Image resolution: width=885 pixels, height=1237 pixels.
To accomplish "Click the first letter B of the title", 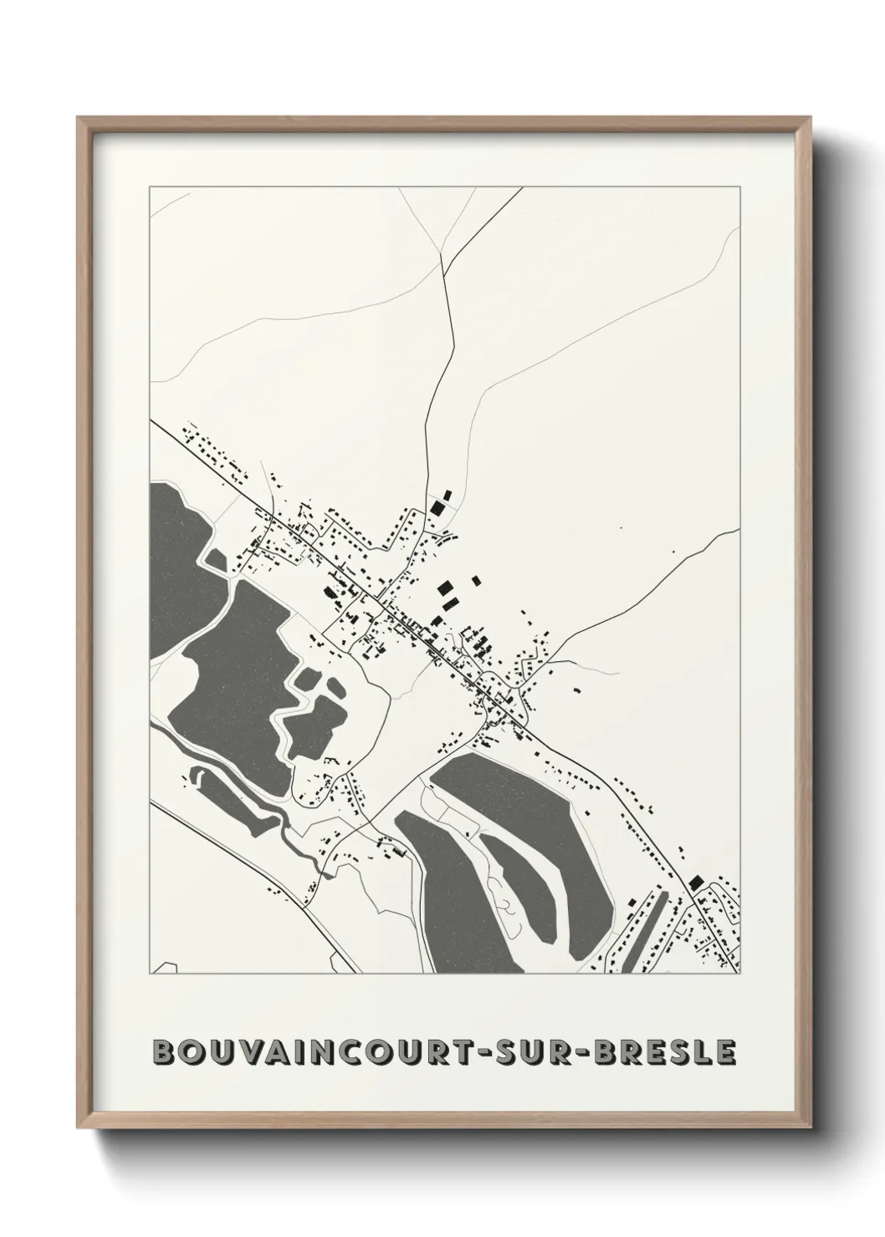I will tap(166, 1051).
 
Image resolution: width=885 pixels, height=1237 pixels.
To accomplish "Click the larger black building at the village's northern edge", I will tap(435, 507).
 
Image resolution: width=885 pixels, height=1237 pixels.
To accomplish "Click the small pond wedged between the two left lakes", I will tap(217, 559).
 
